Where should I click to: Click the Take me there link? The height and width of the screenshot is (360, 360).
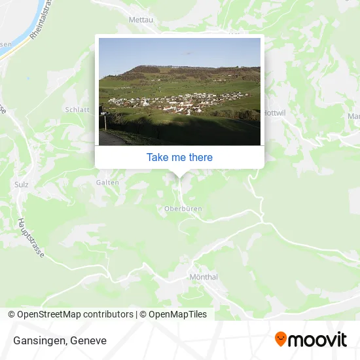pos(179,157)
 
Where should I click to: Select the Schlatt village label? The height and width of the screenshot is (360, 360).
pos(77,110)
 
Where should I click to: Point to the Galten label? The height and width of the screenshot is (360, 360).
pos(107,183)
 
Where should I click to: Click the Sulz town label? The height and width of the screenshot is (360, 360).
pos(21,185)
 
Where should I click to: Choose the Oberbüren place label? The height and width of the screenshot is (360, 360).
pos(183,208)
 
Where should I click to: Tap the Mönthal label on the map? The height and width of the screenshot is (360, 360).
pos(203,277)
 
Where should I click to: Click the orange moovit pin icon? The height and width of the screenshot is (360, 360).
pos(281,339)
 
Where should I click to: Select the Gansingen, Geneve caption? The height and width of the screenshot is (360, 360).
pos(59,341)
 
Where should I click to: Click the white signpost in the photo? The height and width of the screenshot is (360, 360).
pos(103,122)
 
